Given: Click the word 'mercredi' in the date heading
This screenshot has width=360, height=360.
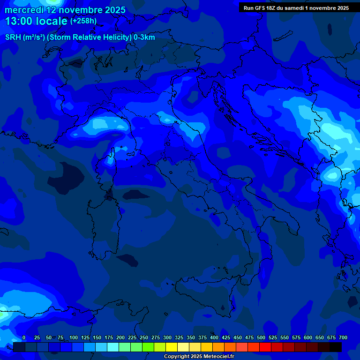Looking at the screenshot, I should [x=24, y=10].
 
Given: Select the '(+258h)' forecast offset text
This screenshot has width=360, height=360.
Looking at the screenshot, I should [x=83, y=21].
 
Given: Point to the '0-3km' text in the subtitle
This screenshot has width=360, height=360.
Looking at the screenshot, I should [x=144, y=37].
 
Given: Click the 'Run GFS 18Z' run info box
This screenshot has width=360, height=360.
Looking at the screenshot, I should [x=296, y=8].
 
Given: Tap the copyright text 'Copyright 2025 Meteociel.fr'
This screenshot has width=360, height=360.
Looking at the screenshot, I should [x=199, y=357].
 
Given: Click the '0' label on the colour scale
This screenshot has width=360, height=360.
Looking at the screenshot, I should [x=24, y=337].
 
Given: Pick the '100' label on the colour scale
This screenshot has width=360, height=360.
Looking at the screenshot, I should [x=74, y=337].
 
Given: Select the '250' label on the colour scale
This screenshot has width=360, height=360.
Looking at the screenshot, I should [x=144, y=337].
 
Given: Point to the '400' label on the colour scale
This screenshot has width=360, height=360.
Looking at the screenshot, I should [x=214, y=337].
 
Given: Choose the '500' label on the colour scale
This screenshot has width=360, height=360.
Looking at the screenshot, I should [x=261, y=337].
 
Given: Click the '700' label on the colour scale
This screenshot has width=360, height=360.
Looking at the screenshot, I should [x=343, y=337].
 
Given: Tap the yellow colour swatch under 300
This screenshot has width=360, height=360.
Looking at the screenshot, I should [x=172, y=347].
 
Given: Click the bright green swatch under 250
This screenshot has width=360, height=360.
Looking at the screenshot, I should [x=148, y=347].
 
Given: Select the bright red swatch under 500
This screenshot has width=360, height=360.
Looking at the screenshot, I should [x=265, y=347].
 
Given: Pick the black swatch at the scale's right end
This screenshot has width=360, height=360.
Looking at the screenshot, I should [x=336, y=347].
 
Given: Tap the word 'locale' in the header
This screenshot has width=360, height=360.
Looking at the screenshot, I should [x=51, y=21].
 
